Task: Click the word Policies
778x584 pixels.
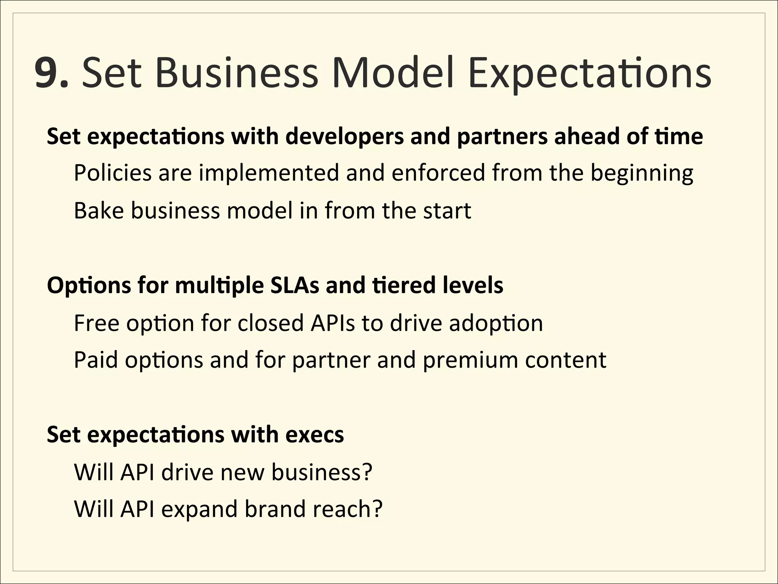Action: (x=113, y=173)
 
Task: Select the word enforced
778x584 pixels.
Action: (x=438, y=173)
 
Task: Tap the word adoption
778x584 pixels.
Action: (x=496, y=324)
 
